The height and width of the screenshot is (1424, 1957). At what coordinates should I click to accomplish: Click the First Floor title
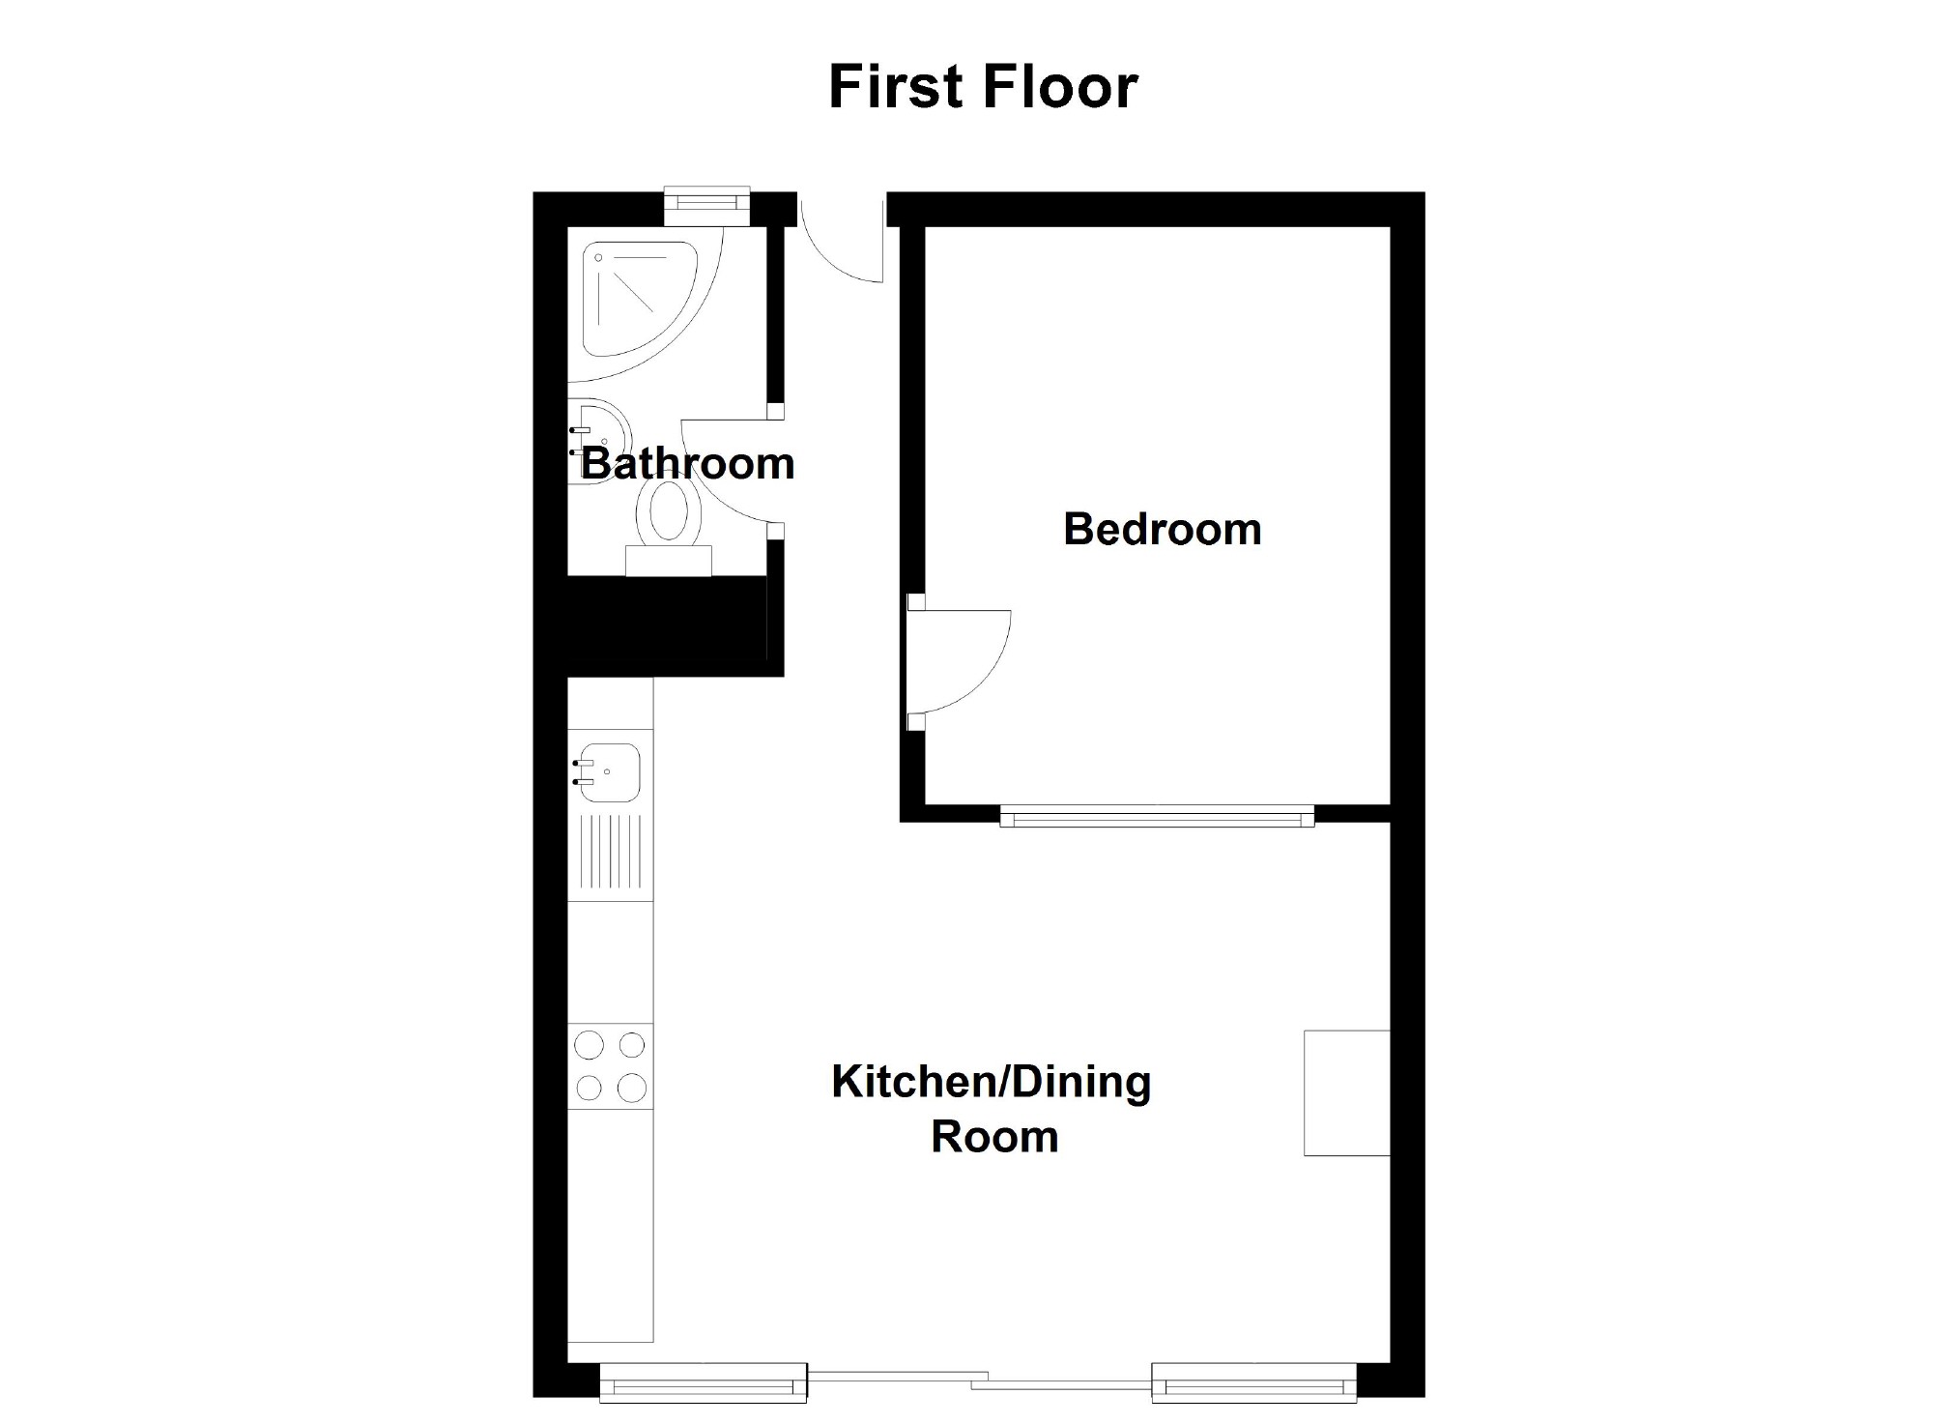983,87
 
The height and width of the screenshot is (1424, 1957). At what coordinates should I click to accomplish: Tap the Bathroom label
687,464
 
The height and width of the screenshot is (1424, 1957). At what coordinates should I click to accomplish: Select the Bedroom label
1163,530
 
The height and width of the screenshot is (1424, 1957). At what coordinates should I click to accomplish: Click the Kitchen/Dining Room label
992,1109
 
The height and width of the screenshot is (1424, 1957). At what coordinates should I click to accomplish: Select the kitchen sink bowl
609,772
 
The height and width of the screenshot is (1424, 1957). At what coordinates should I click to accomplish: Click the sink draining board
609,852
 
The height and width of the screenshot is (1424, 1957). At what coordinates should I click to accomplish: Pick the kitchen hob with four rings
610,1066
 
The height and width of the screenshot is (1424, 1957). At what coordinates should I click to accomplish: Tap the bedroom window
1157,818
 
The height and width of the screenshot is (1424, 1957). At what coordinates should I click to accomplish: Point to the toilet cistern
669,561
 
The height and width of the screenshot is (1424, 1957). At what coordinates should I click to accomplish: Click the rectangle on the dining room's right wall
1347,1093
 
